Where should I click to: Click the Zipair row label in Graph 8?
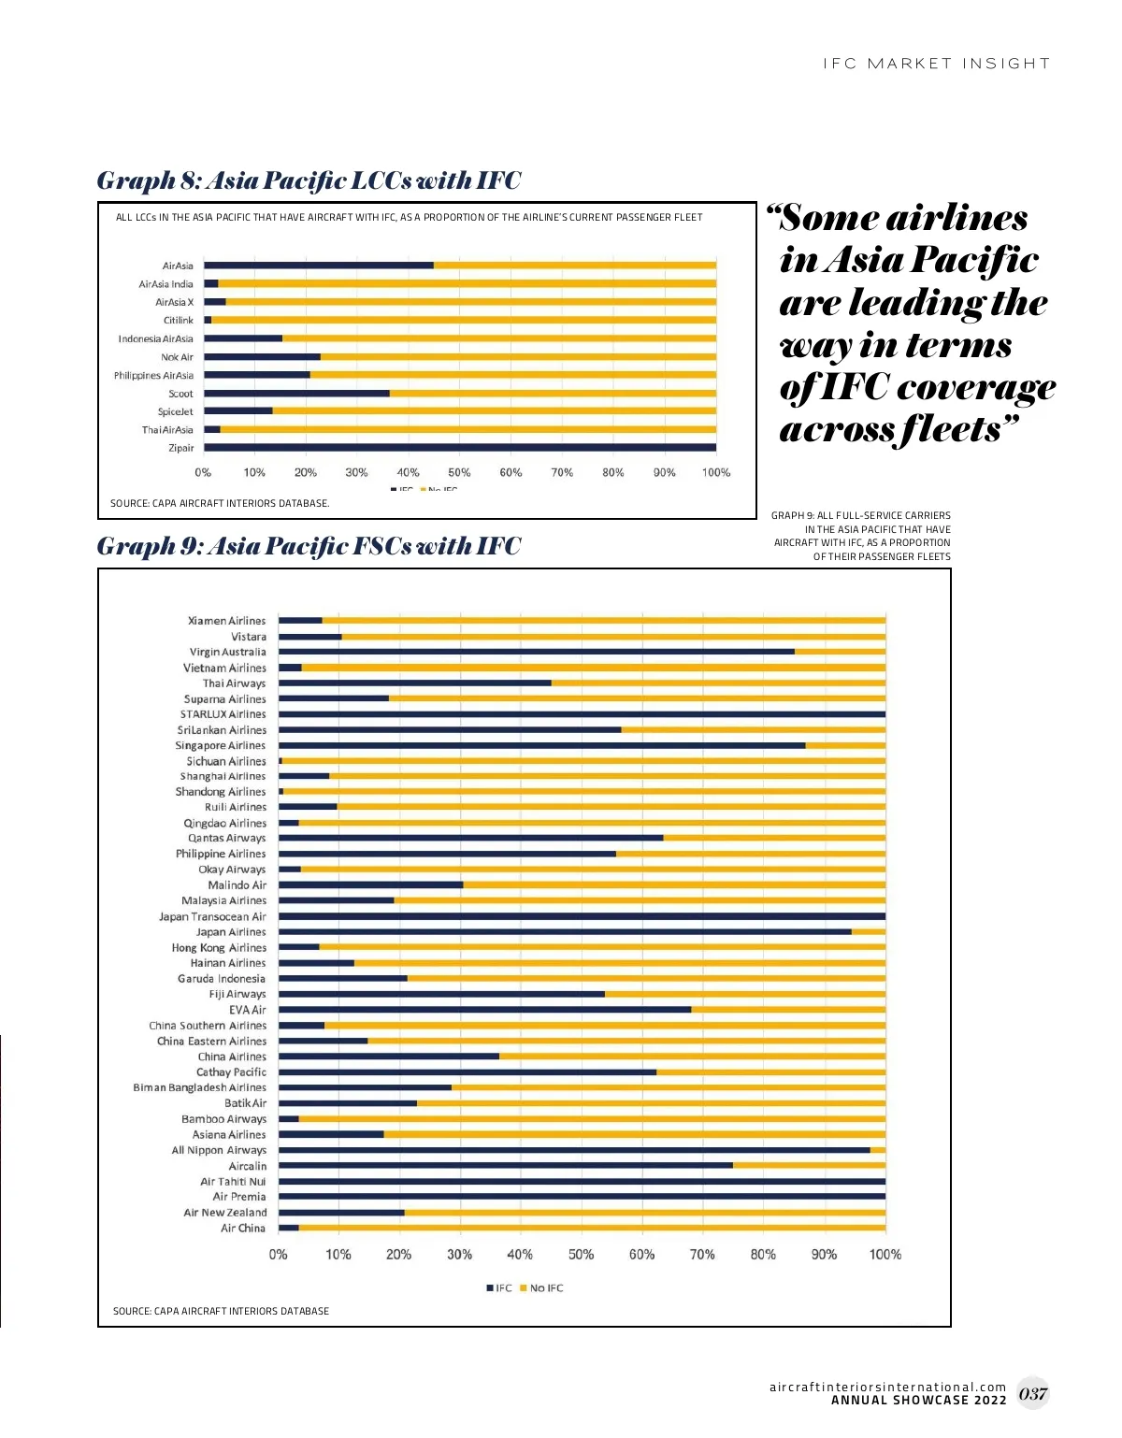click(180, 448)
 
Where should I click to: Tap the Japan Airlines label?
click(230, 932)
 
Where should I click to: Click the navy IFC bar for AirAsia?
click(318, 266)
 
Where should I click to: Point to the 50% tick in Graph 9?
click(581, 1254)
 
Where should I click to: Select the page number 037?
click(1032, 1393)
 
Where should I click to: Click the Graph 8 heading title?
click(309, 180)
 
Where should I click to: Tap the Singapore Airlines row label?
click(220, 745)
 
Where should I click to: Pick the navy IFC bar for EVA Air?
click(484, 1010)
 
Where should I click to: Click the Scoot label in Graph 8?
click(180, 394)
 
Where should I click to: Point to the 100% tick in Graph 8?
click(715, 472)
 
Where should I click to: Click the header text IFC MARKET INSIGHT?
click(936, 64)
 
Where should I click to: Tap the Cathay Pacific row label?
click(231, 1072)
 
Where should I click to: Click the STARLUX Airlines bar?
click(582, 714)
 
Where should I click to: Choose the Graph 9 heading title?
click(309, 545)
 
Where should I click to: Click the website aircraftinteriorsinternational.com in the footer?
click(887, 1387)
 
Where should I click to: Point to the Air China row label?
click(242, 1229)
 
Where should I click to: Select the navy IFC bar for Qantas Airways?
click(470, 838)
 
